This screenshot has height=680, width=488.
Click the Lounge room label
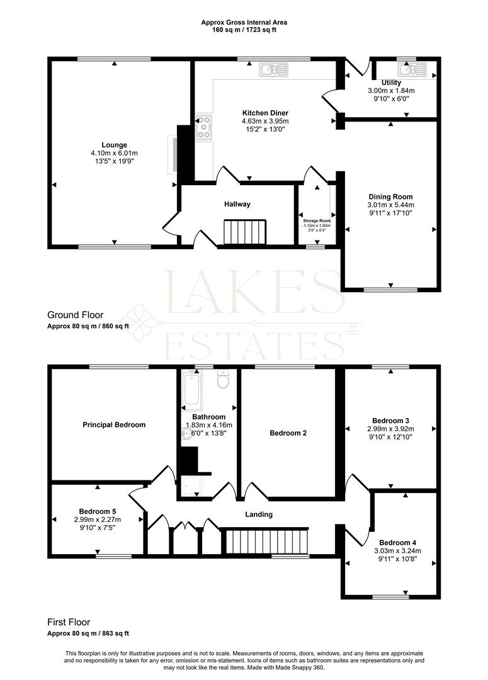[x=114, y=145]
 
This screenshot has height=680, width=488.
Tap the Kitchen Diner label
[x=264, y=113]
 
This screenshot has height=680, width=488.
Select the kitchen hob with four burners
[x=205, y=128]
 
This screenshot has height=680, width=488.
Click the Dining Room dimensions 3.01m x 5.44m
[x=390, y=205]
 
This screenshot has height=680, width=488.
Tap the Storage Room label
[x=315, y=221]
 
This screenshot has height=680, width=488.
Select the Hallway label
[x=237, y=204]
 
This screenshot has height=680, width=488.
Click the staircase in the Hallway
[x=245, y=232]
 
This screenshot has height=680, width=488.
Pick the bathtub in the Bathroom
[x=190, y=388]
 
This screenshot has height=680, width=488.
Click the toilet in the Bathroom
[x=222, y=380]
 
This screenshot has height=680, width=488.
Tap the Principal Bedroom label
[x=114, y=424]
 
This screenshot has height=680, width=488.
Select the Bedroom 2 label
[x=288, y=433]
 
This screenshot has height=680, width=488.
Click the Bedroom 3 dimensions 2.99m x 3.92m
[x=390, y=429]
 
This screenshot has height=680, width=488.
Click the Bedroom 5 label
[x=97, y=511]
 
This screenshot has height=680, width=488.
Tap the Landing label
[x=259, y=514]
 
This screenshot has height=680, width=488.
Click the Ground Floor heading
[x=75, y=315]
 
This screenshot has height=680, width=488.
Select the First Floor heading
[x=71, y=621]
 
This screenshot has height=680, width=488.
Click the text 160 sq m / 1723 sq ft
[x=244, y=30]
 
